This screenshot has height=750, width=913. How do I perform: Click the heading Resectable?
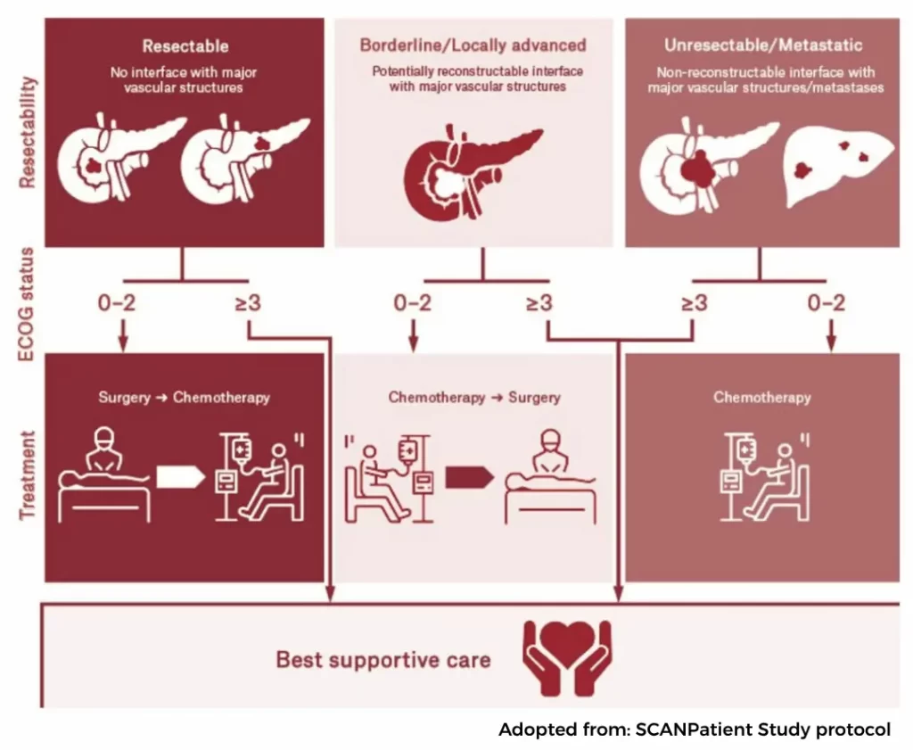[185, 45]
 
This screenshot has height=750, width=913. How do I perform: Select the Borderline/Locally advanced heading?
[473, 45]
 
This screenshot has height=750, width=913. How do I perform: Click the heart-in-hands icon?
[568, 658]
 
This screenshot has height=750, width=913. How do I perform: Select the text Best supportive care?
[383, 660]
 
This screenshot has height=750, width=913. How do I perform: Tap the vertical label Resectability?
[29, 131]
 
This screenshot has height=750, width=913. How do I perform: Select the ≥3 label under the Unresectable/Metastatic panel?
[694, 303]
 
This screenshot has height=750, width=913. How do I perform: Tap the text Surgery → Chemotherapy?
[184, 398]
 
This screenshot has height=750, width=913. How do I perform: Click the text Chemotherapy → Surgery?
[473, 398]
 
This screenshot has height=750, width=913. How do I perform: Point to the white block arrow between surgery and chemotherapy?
[181, 478]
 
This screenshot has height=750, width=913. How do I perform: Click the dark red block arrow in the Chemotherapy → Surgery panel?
[469, 478]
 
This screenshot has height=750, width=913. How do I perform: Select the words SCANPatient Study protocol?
[763, 729]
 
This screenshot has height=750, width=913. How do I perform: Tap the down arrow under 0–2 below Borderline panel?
[413, 338]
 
